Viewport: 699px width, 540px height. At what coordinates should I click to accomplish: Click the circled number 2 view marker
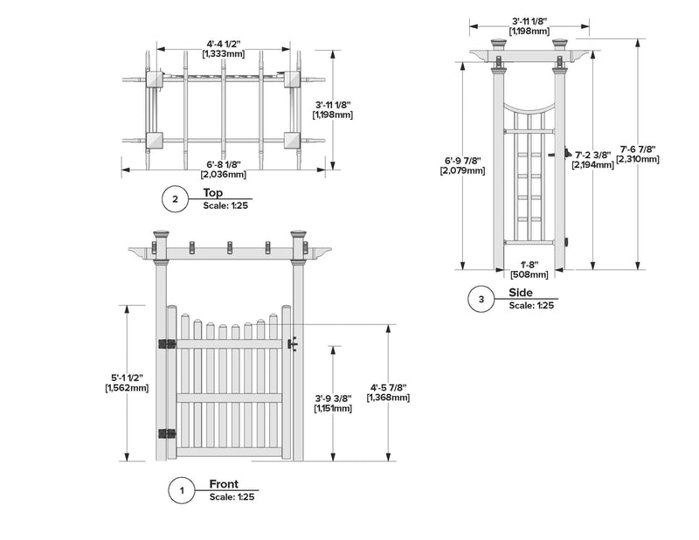click(175, 200)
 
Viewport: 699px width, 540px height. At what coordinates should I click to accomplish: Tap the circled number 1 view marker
click(181, 491)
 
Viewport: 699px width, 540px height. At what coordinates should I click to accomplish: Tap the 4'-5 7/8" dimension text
click(389, 387)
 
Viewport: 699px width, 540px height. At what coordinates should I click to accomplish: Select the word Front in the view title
click(225, 484)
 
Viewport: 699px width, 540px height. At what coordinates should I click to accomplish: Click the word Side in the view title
click(521, 294)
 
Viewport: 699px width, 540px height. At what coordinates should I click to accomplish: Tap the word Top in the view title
click(212, 193)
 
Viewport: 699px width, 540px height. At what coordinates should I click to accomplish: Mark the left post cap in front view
click(161, 234)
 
